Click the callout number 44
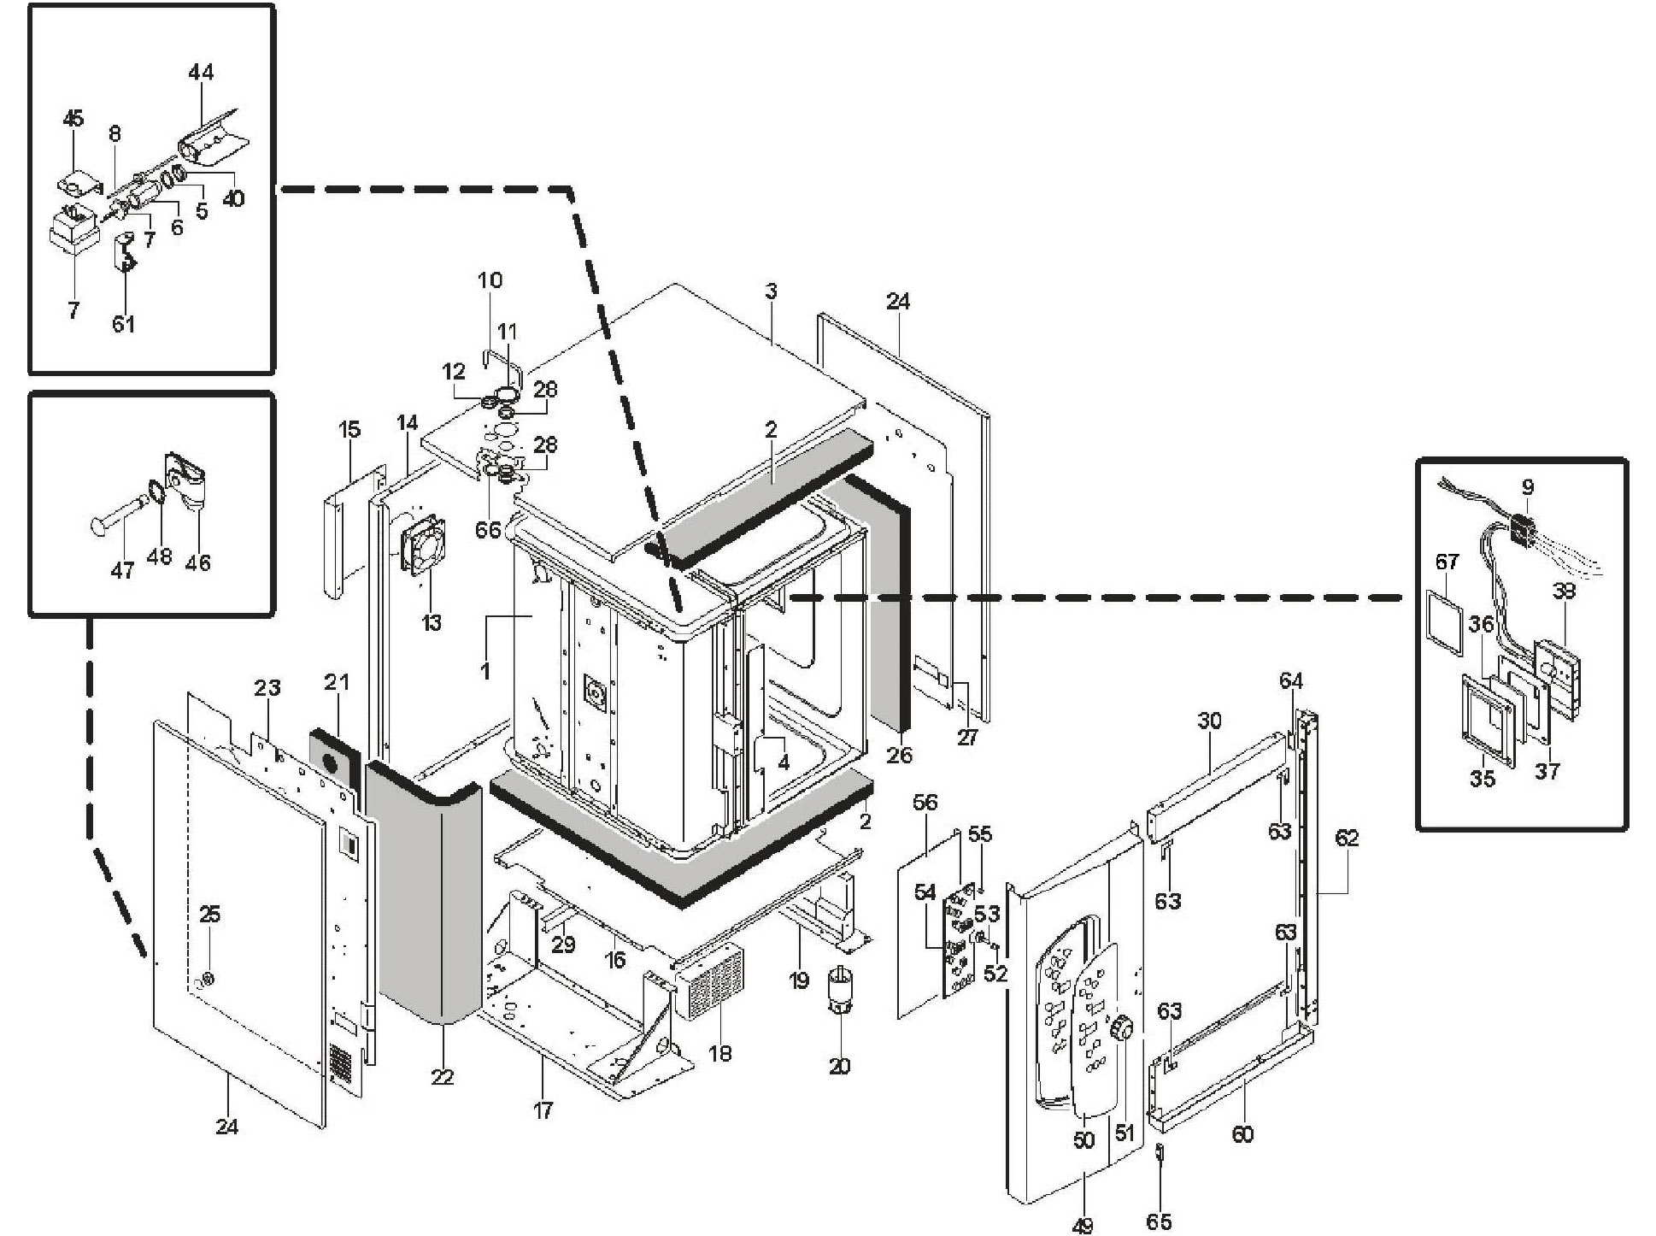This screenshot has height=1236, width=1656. click(x=201, y=73)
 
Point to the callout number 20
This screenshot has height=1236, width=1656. click(x=839, y=1066)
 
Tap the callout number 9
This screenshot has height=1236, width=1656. click(x=1528, y=487)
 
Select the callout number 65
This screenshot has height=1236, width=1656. click(x=1159, y=1222)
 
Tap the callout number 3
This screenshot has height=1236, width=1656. click(x=771, y=291)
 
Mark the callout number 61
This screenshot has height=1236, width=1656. click(x=124, y=324)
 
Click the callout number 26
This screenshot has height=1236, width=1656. click(x=899, y=755)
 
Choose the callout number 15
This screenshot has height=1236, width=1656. click(x=349, y=429)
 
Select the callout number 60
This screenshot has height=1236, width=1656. click(x=1242, y=1134)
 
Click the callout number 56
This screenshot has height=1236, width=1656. click(x=925, y=802)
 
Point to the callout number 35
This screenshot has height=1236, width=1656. click(x=1483, y=779)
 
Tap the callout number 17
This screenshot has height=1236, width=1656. click(x=543, y=1110)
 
